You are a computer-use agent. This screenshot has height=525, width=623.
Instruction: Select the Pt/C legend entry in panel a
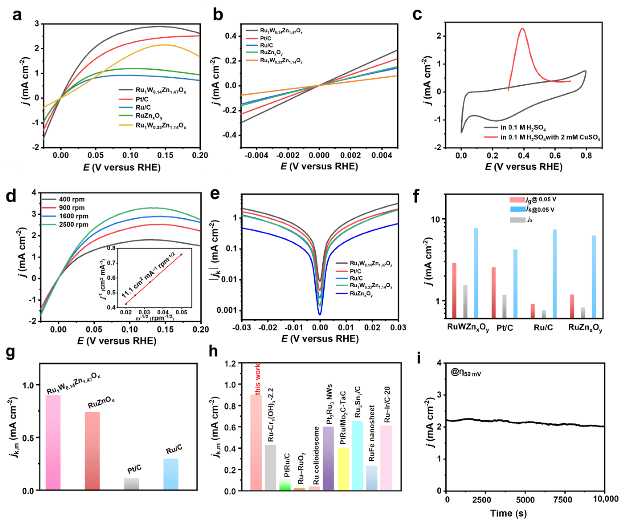[142, 99]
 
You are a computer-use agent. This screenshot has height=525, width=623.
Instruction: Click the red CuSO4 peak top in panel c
[522, 29]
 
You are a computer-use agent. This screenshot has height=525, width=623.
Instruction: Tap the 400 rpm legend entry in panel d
[71, 199]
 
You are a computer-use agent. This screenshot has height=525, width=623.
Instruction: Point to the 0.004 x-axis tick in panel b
[382, 155]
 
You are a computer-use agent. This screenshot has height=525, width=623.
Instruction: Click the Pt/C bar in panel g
[131, 484]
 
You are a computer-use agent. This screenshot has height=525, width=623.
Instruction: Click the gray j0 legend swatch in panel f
[517, 220]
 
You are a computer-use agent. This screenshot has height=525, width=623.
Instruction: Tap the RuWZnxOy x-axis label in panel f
[468, 328]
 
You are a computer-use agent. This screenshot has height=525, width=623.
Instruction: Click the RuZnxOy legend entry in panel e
[361, 294]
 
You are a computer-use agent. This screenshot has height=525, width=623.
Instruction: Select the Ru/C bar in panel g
[171, 474]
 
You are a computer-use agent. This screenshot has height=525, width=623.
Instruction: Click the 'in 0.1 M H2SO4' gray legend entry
[523, 128]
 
